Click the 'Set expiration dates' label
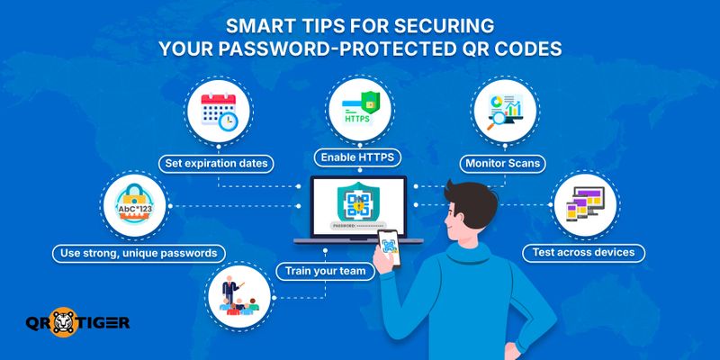[217, 164]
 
